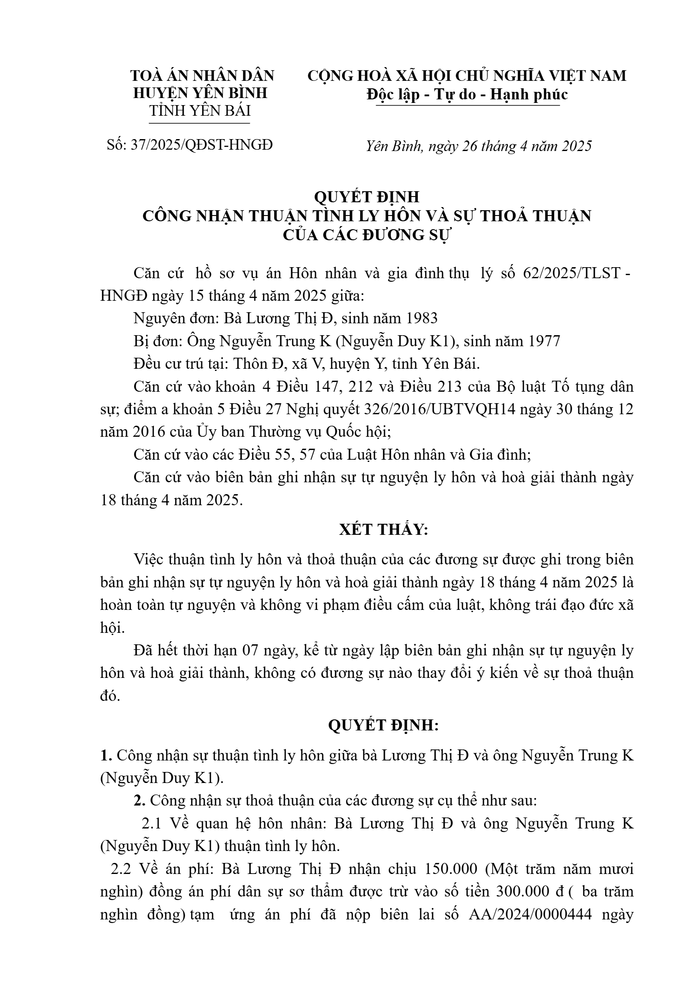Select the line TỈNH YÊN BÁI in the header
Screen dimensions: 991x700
(x=200, y=110)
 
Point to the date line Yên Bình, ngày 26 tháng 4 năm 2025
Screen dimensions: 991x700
(x=478, y=146)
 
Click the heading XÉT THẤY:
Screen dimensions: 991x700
(x=384, y=529)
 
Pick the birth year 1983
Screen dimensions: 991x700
(x=421, y=318)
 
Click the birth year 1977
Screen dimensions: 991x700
(x=544, y=341)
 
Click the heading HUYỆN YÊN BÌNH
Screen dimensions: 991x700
(x=200, y=93)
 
